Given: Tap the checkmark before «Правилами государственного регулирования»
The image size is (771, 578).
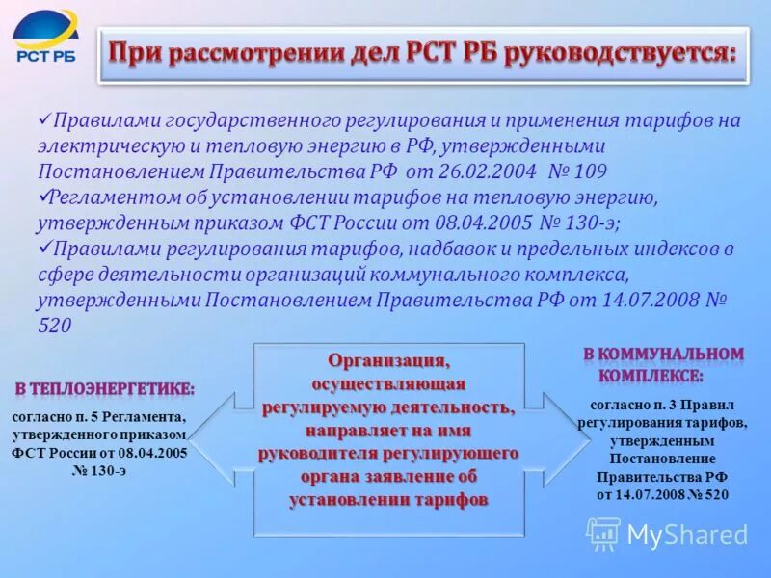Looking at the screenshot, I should pos(43,120).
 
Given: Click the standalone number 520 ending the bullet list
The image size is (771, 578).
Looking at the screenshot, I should pos(55,326).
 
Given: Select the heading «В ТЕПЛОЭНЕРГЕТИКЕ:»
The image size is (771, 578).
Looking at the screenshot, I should pos(104,389).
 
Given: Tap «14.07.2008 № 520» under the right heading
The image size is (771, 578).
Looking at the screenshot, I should pos(662,494).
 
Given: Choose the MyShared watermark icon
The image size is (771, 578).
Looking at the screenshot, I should pos(603,533).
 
